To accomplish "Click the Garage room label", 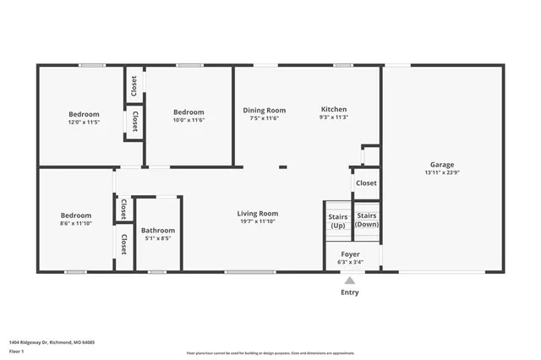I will point(441,165).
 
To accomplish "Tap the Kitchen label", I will point(333,110).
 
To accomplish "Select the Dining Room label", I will point(265,110).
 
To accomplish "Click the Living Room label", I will point(258,214).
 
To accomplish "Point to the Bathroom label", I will point(158,231).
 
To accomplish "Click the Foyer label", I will point(350,254).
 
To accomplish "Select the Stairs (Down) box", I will point(366,220).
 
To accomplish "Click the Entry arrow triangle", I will point(349,281).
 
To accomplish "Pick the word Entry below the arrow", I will point(349,292).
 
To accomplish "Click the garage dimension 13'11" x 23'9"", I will point(441,172).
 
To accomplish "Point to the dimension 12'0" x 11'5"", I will point(84,122).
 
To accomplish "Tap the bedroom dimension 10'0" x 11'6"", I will point(189,120).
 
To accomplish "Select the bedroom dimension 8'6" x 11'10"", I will point(77,223).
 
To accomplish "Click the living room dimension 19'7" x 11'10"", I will point(258,222).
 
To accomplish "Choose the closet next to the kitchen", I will point(366,183).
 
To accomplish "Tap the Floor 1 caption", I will point(16,350).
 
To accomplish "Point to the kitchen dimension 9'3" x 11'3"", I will point(333,118).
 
